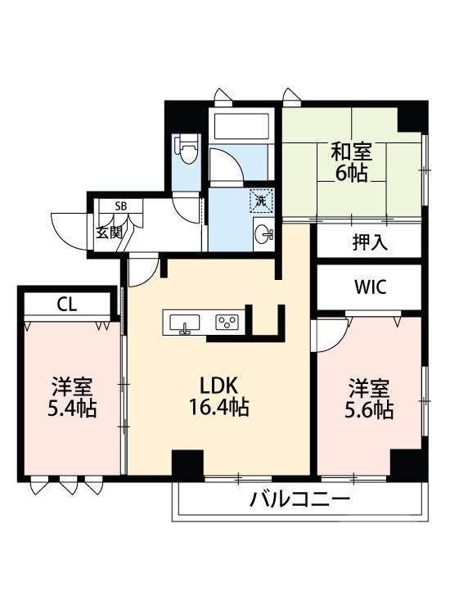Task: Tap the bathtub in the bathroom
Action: click(240, 126)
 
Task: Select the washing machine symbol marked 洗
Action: click(261, 201)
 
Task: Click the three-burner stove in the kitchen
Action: click(227, 323)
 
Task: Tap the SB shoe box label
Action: click(121, 205)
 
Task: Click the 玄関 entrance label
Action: click(109, 232)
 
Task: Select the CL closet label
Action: click(66, 304)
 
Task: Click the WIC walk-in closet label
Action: click(371, 287)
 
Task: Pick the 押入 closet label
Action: click(370, 243)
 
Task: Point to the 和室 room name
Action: click(351, 151)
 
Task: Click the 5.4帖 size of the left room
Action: click(71, 407)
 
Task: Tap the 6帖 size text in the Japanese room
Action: click(351, 173)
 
